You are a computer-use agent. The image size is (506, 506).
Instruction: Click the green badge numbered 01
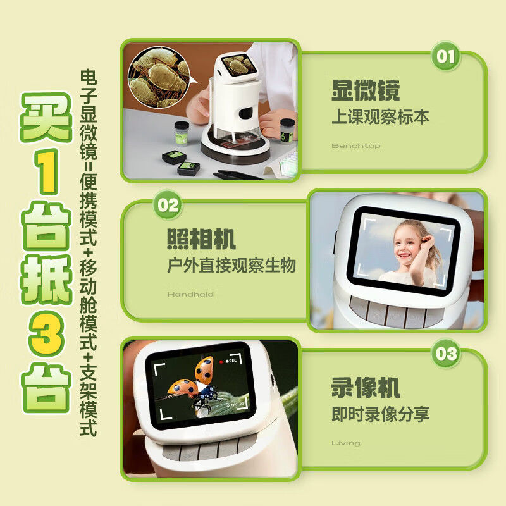[x=446, y=56]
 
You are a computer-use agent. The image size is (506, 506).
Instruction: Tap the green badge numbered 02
[x=168, y=205]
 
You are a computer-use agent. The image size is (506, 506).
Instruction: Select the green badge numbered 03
[x=446, y=354]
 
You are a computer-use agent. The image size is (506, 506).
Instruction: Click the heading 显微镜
[x=366, y=90]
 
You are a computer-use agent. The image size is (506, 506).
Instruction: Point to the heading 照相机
[x=201, y=239]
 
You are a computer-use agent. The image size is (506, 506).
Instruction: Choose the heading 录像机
[x=366, y=387]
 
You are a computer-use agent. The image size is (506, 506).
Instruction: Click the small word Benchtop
[x=356, y=146]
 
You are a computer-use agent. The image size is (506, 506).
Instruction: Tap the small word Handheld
[x=190, y=294]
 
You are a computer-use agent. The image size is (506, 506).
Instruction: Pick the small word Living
[x=346, y=443]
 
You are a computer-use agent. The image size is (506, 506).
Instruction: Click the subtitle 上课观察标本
[x=381, y=117]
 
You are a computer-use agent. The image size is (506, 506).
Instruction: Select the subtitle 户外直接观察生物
[x=231, y=265]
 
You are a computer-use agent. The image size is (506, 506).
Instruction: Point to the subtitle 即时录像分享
[x=381, y=414]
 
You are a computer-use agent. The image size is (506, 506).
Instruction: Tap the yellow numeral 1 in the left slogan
[x=46, y=171]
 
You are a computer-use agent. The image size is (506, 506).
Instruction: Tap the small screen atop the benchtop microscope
[x=238, y=65]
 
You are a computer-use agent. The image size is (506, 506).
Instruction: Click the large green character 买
[x=46, y=118]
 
